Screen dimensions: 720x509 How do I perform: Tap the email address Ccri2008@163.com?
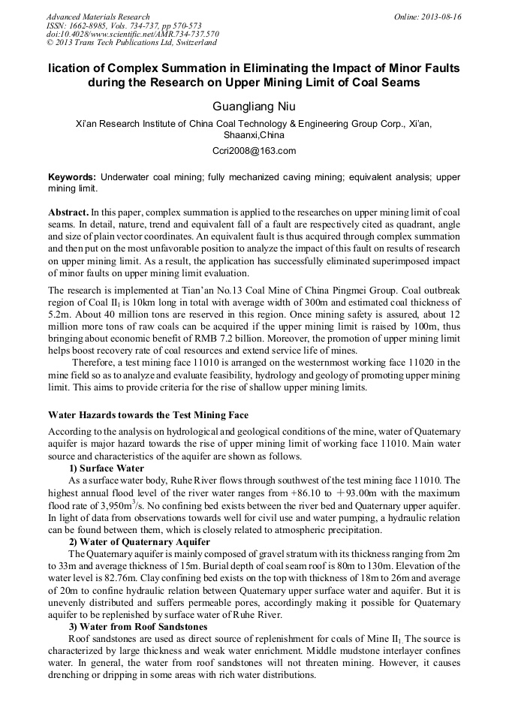(254, 151)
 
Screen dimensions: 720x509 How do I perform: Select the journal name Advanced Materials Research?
(98, 17)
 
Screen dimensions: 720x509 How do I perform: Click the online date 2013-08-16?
(442, 17)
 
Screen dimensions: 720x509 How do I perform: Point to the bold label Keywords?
(71, 177)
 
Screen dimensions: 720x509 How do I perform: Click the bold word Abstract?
(68, 213)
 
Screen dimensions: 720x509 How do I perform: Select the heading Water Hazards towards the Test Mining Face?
(148, 415)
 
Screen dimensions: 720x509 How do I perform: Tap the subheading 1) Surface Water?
(107, 468)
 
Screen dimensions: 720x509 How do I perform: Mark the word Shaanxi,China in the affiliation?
(254, 136)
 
